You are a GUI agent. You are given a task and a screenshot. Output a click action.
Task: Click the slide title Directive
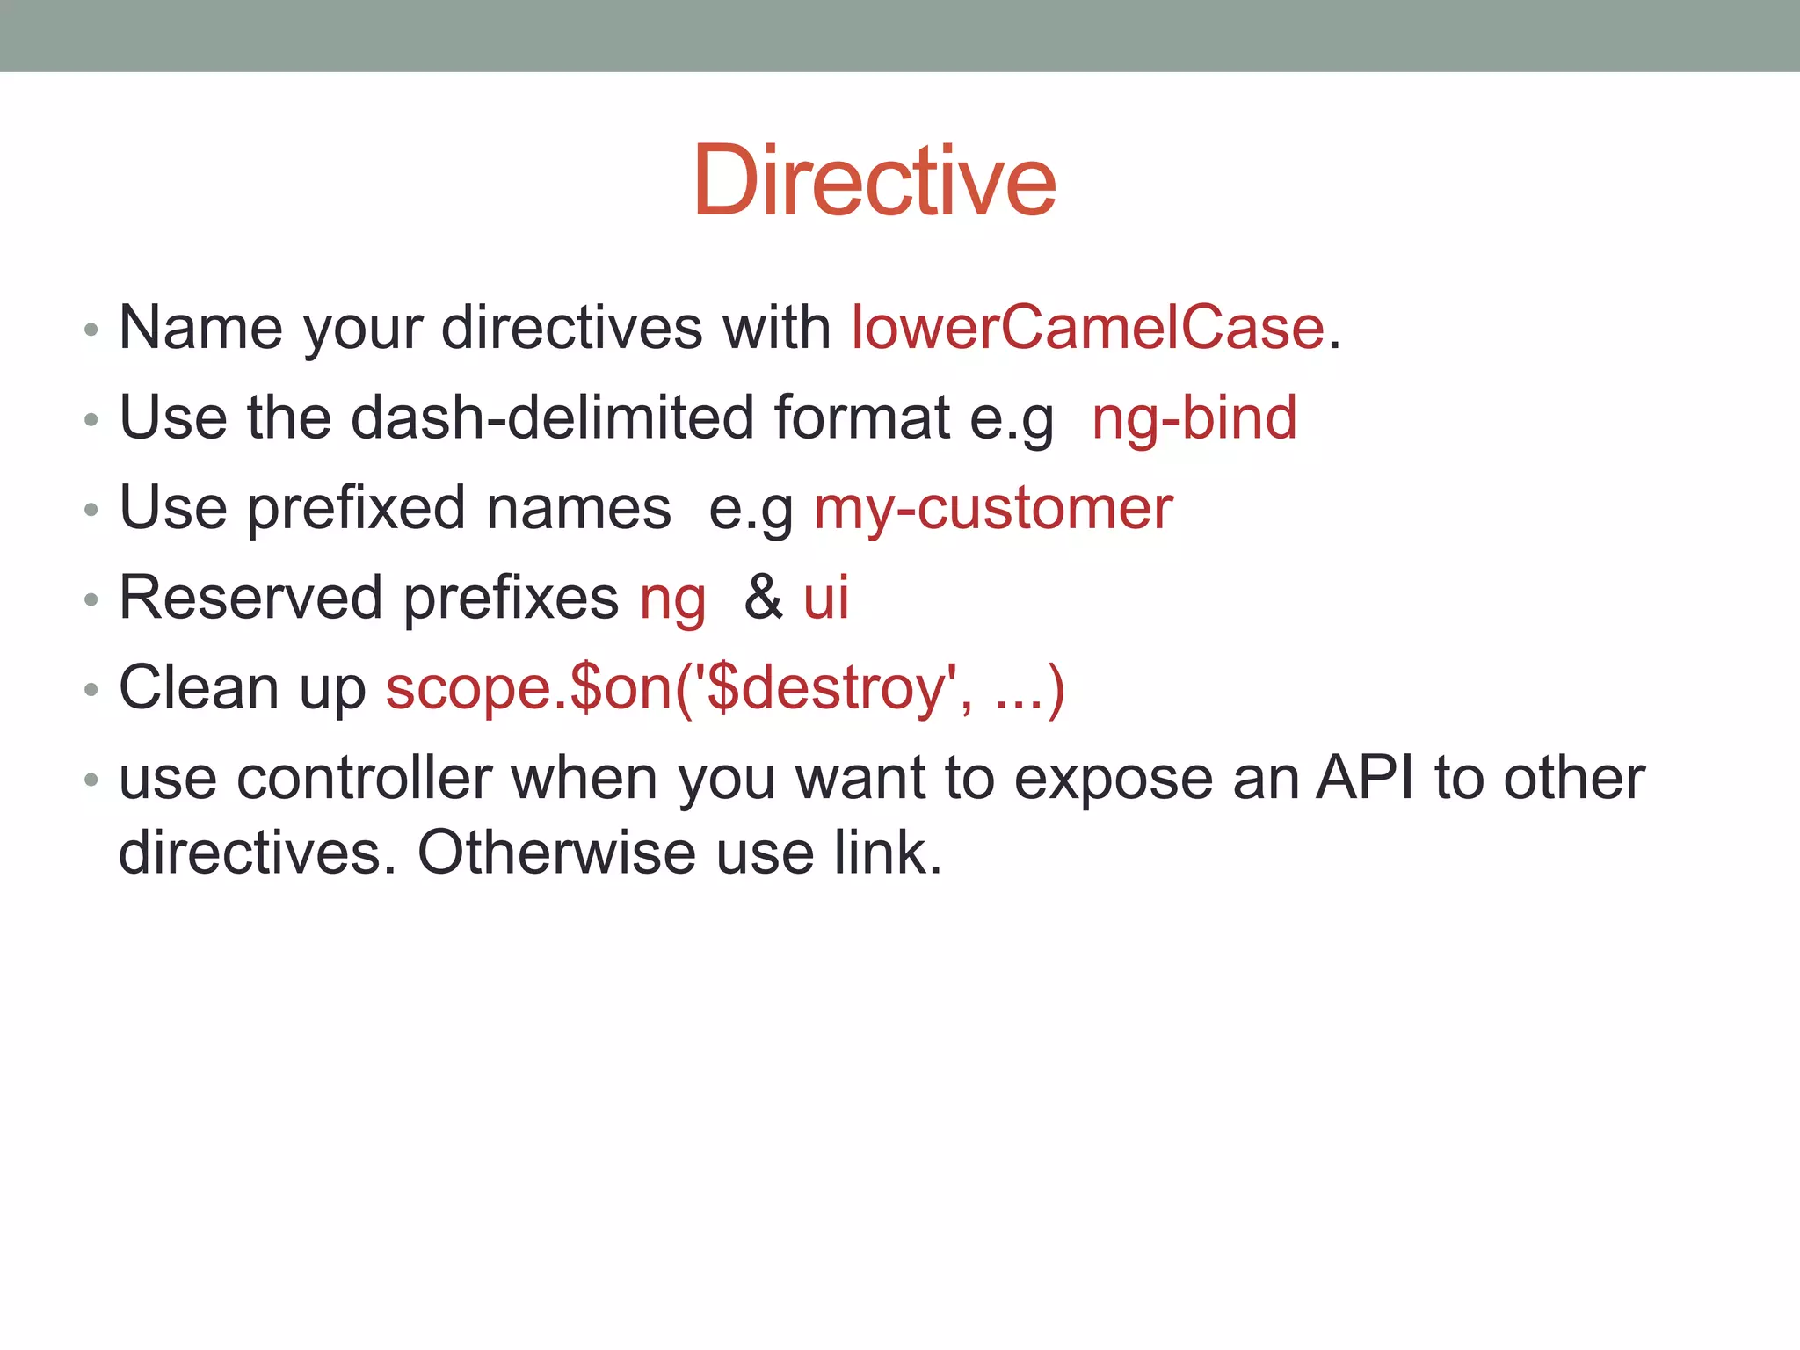[875, 181]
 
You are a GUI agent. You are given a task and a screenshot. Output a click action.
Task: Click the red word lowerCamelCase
[1087, 328]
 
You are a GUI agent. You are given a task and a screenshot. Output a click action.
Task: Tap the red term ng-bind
[1194, 417]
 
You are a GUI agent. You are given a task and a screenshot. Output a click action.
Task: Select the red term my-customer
[993, 509]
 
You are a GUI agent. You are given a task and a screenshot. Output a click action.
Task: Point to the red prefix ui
[826, 599]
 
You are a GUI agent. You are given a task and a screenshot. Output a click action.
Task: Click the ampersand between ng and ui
[763, 599]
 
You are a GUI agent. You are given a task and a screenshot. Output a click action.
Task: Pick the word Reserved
[250, 599]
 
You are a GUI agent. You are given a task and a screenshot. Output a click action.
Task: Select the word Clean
[199, 688]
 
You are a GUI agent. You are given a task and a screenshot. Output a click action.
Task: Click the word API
[1364, 779]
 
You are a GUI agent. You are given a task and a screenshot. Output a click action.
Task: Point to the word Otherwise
[556, 853]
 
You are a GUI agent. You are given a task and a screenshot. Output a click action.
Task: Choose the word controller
[364, 779]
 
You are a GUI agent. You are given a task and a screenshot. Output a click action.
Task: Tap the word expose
[1113, 780]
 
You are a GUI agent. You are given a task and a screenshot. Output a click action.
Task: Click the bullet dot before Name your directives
[91, 330]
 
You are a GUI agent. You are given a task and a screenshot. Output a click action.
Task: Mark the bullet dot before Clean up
[91, 691]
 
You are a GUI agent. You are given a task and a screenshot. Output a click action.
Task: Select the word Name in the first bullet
[200, 328]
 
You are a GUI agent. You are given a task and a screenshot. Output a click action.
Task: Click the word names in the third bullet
[578, 509]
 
